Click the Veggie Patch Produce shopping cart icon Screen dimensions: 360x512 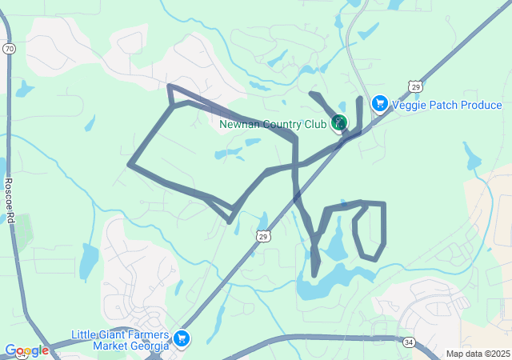click(x=379, y=104)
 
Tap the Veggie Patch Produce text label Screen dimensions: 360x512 click(x=446, y=105)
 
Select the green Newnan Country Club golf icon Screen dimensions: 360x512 click(x=340, y=123)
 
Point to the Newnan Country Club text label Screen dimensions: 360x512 click(x=273, y=125)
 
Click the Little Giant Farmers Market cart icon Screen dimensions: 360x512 click(x=182, y=339)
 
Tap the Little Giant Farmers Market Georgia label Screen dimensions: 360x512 click(x=120, y=340)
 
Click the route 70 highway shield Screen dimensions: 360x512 click(x=9, y=49)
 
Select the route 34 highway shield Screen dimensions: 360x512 click(x=410, y=342)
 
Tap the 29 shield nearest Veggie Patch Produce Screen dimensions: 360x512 click(x=414, y=86)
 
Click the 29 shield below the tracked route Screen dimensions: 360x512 click(x=263, y=236)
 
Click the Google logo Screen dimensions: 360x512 click(x=26, y=350)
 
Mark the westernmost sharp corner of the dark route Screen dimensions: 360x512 click(x=130, y=165)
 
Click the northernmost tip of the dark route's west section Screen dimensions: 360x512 click(x=169, y=86)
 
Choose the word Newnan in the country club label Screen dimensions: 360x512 click(x=238, y=125)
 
